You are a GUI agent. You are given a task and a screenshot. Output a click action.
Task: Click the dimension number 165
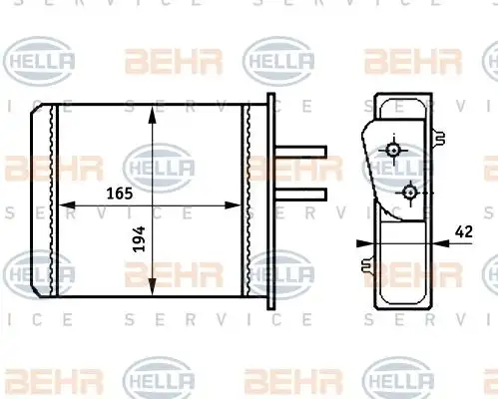pyautogui.click(x=120, y=194)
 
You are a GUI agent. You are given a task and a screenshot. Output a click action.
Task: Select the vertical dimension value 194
pyautogui.click(x=139, y=239)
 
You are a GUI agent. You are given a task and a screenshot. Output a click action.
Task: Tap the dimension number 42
pyautogui.click(x=464, y=231)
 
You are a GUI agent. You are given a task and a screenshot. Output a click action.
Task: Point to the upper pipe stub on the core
pyautogui.click(x=301, y=152)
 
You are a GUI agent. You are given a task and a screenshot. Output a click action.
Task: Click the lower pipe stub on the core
pyautogui.click(x=301, y=195)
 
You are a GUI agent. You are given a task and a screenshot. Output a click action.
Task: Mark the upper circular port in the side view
pyautogui.click(x=394, y=150)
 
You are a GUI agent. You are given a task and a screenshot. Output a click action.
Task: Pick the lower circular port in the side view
pyautogui.click(x=410, y=193)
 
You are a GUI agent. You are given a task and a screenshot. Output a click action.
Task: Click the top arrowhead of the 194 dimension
pyautogui.click(x=152, y=115)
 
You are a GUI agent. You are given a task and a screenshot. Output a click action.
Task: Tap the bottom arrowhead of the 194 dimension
pyautogui.click(x=152, y=286)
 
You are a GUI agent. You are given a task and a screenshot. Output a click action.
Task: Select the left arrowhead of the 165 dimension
pyautogui.click(x=67, y=205)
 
